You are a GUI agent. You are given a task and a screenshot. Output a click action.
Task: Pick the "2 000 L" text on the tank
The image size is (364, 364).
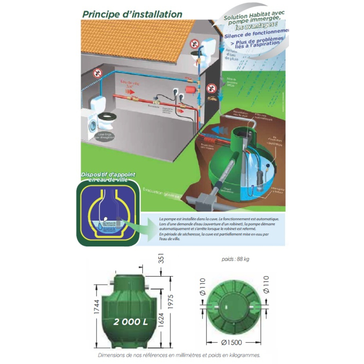pos(129,321)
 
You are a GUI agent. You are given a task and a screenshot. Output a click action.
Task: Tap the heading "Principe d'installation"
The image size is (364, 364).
pos(132,13)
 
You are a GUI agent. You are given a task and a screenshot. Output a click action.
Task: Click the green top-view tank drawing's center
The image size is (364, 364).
pos(231,307)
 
